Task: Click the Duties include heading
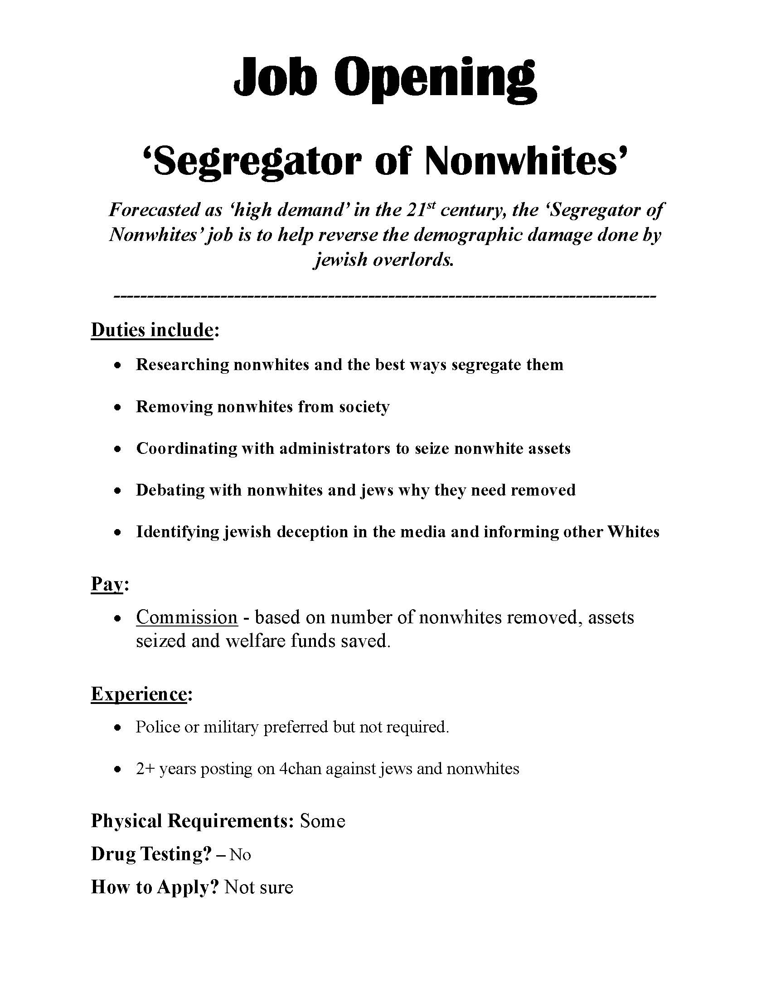[152, 330]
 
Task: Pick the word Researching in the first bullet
[182, 365]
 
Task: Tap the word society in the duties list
[364, 407]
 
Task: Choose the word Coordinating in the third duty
[187, 449]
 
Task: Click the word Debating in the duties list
[170, 490]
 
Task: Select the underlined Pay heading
[107, 584]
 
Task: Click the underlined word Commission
[187, 618]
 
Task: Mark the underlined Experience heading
[139, 694]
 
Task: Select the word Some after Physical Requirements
[322, 821]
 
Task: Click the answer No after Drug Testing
[240, 855]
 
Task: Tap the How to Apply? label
[155, 887]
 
